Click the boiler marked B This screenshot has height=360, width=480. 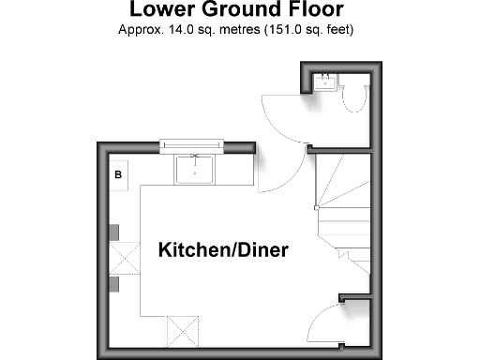tap(119, 175)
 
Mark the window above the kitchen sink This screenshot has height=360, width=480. tap(192, 144)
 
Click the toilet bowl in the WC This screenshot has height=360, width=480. tap(354, 98)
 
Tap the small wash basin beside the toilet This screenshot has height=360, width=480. tap(325, 82)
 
